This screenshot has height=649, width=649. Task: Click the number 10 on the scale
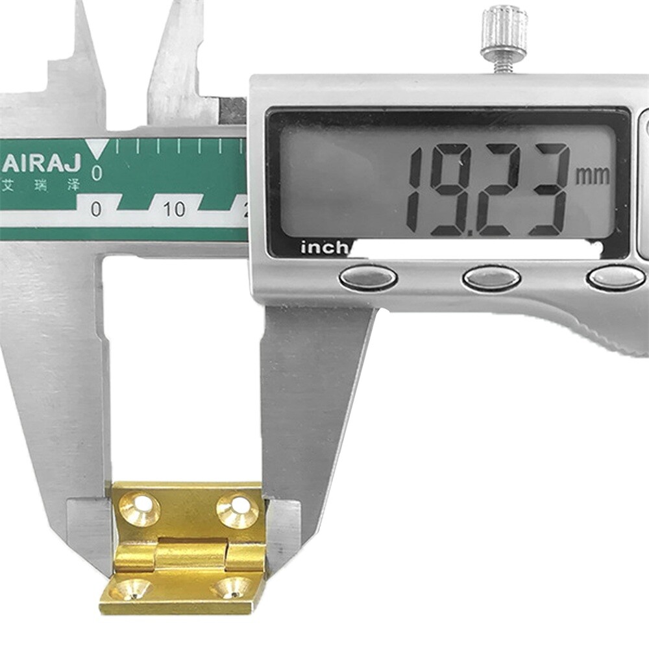pyautogui.click(x=174, y=210)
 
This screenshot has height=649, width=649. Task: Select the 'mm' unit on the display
pyautogui.click(x=593, y=176)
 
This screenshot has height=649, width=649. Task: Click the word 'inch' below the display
pyautogui.click(x=324, y=248)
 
